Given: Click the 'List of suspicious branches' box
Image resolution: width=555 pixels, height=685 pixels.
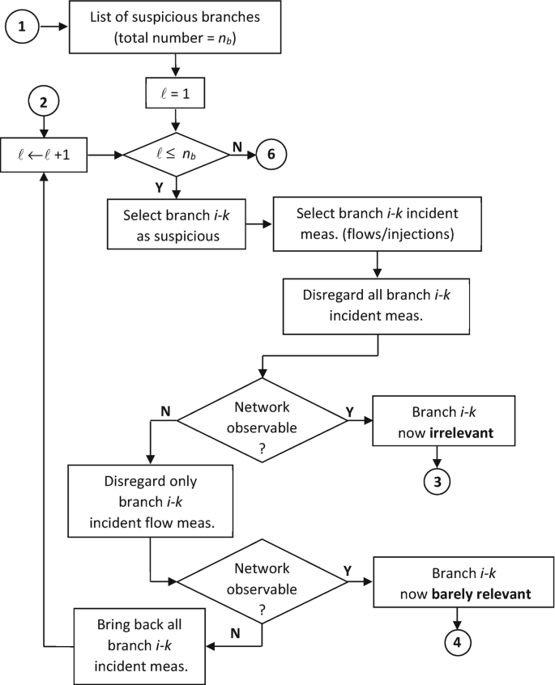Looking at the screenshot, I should tap(175, 27).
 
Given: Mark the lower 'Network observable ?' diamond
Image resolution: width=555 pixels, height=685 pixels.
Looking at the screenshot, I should tap(260, 582).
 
